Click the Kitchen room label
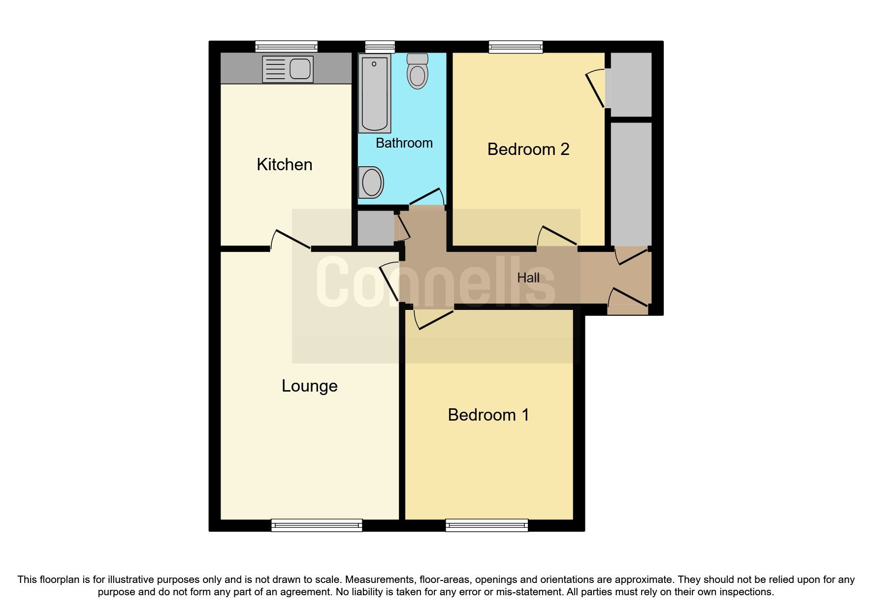[285, 164]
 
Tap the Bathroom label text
[404, 143]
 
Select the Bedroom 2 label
[528, 149]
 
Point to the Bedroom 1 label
[488, 415]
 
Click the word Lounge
[309, 386]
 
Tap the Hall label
[528, 278]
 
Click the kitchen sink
[288, 68]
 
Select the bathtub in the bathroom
[375, 93]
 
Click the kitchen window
[287, 47]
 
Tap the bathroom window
[380, 47]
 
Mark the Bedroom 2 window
[516, 47]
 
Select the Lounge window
[317, 525]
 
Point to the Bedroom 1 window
[486, 525]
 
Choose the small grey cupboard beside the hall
[375, 228]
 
